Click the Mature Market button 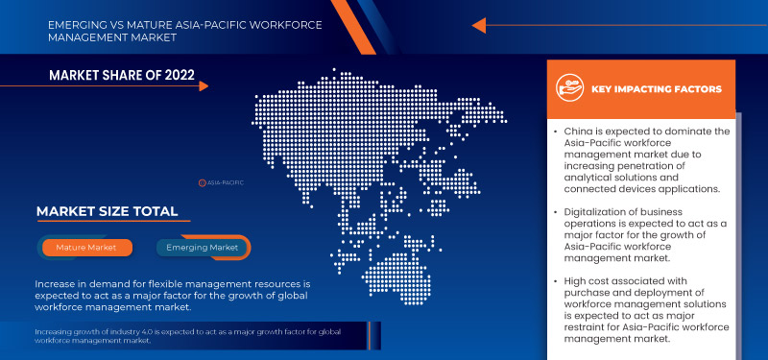click(86, 247)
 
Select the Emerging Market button click(203, 247)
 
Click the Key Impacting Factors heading click(658, 89)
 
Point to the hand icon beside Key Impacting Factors click(571, 88)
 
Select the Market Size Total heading click(106, 211)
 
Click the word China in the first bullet click(581, 132)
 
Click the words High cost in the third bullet click(592, 280)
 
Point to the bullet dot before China click(556, 132)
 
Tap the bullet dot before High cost click(556, 280)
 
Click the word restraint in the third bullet click(588, 326)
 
